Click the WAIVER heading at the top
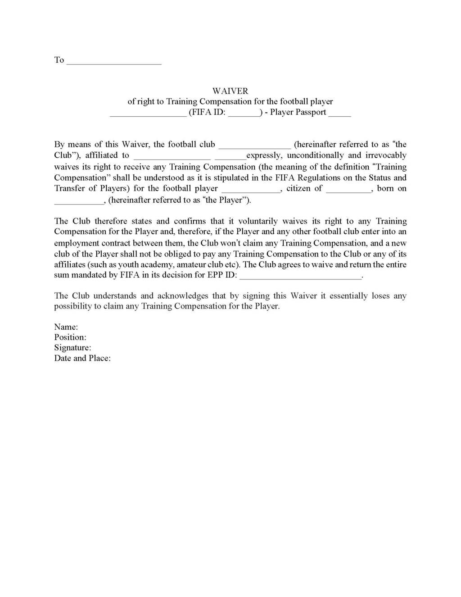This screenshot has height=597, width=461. tap(230, 91)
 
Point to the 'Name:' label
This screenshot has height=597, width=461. tap(66, 327)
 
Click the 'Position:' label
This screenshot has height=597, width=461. tap(70, 337)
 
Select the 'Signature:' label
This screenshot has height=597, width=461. tap(72, 348)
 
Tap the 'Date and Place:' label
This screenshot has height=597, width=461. tap(82, 359)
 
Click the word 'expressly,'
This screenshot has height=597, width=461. tap(264, 155)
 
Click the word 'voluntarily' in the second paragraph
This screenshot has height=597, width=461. tap(258, 221)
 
